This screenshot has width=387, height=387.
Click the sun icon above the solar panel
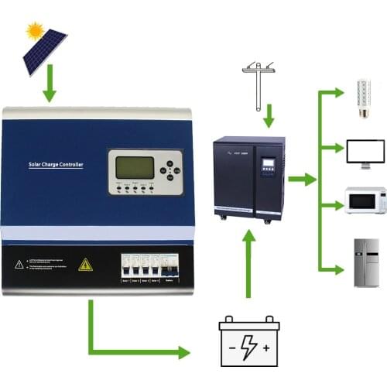pyautogui.click(x=34, y=30)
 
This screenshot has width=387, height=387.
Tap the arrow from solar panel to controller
pyautogui.click(x=50, y=87)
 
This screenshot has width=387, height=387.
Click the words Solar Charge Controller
pyautogui.click(x=55, y=165)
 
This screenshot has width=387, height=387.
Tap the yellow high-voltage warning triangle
pyautogui.click(x=85, y=265)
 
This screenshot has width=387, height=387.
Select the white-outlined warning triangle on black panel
pyautogui.click(x=19, y=264)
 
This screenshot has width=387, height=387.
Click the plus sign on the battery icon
pyautogui.click(x=267, y=349)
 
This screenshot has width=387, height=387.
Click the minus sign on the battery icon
pyautogui.click(x=230, y=349)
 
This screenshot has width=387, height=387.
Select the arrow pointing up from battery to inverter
pyautogui.click(x=248, y=263)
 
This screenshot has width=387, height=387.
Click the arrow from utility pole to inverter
pyautogui.click(x=268, y=116)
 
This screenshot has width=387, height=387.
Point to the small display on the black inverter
pyautogui.click(x=269, y=166)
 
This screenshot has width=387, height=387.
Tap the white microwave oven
pyautogui.click(x=365, y=200)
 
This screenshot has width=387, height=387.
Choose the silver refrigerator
pyautogui.click(x=366, y=262)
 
